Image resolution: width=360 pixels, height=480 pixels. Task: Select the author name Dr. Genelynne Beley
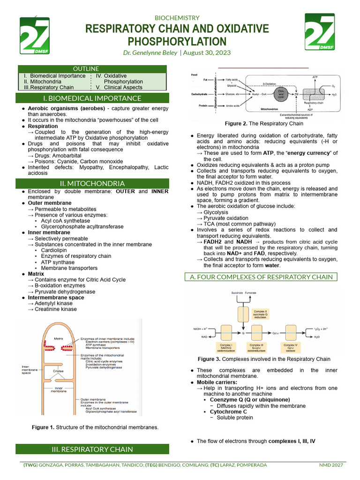150,53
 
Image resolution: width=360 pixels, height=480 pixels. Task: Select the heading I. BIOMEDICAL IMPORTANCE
92,98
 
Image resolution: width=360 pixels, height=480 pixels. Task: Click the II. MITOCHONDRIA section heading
92,183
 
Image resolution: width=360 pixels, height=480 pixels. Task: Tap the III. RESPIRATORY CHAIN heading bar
92,449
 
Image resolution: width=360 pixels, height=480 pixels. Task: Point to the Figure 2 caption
263,124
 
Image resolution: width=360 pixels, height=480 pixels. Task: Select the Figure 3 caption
264,359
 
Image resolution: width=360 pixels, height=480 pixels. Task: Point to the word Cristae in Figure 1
58,371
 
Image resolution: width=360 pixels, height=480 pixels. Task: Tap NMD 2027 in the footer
331,465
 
